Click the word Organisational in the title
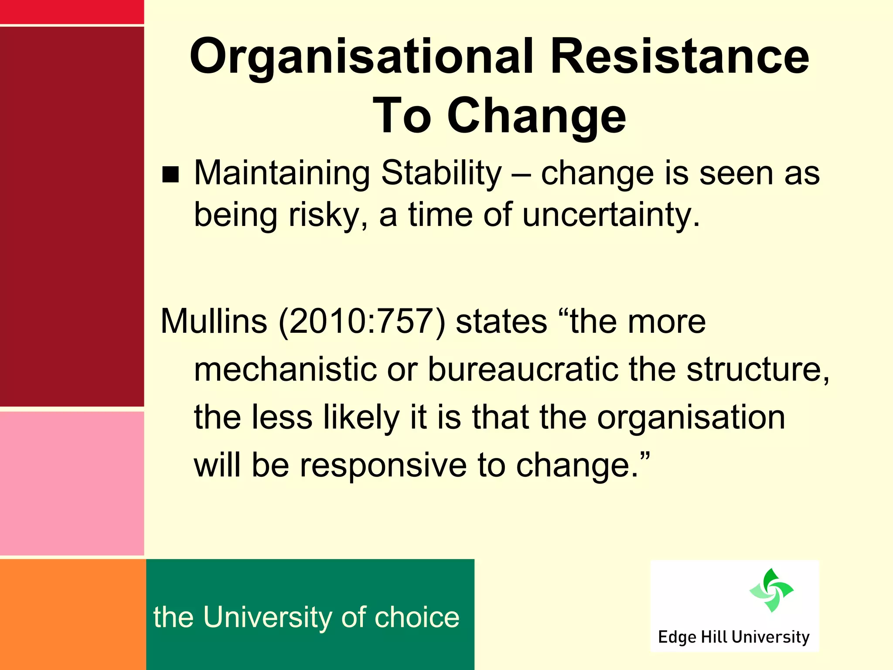361,57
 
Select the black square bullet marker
170,174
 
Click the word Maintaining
282,174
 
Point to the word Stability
441,174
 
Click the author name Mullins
214,321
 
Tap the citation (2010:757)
362,321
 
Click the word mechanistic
285,369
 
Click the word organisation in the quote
691,418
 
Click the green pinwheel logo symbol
771,590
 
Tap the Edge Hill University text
734,637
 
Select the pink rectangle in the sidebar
72,483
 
